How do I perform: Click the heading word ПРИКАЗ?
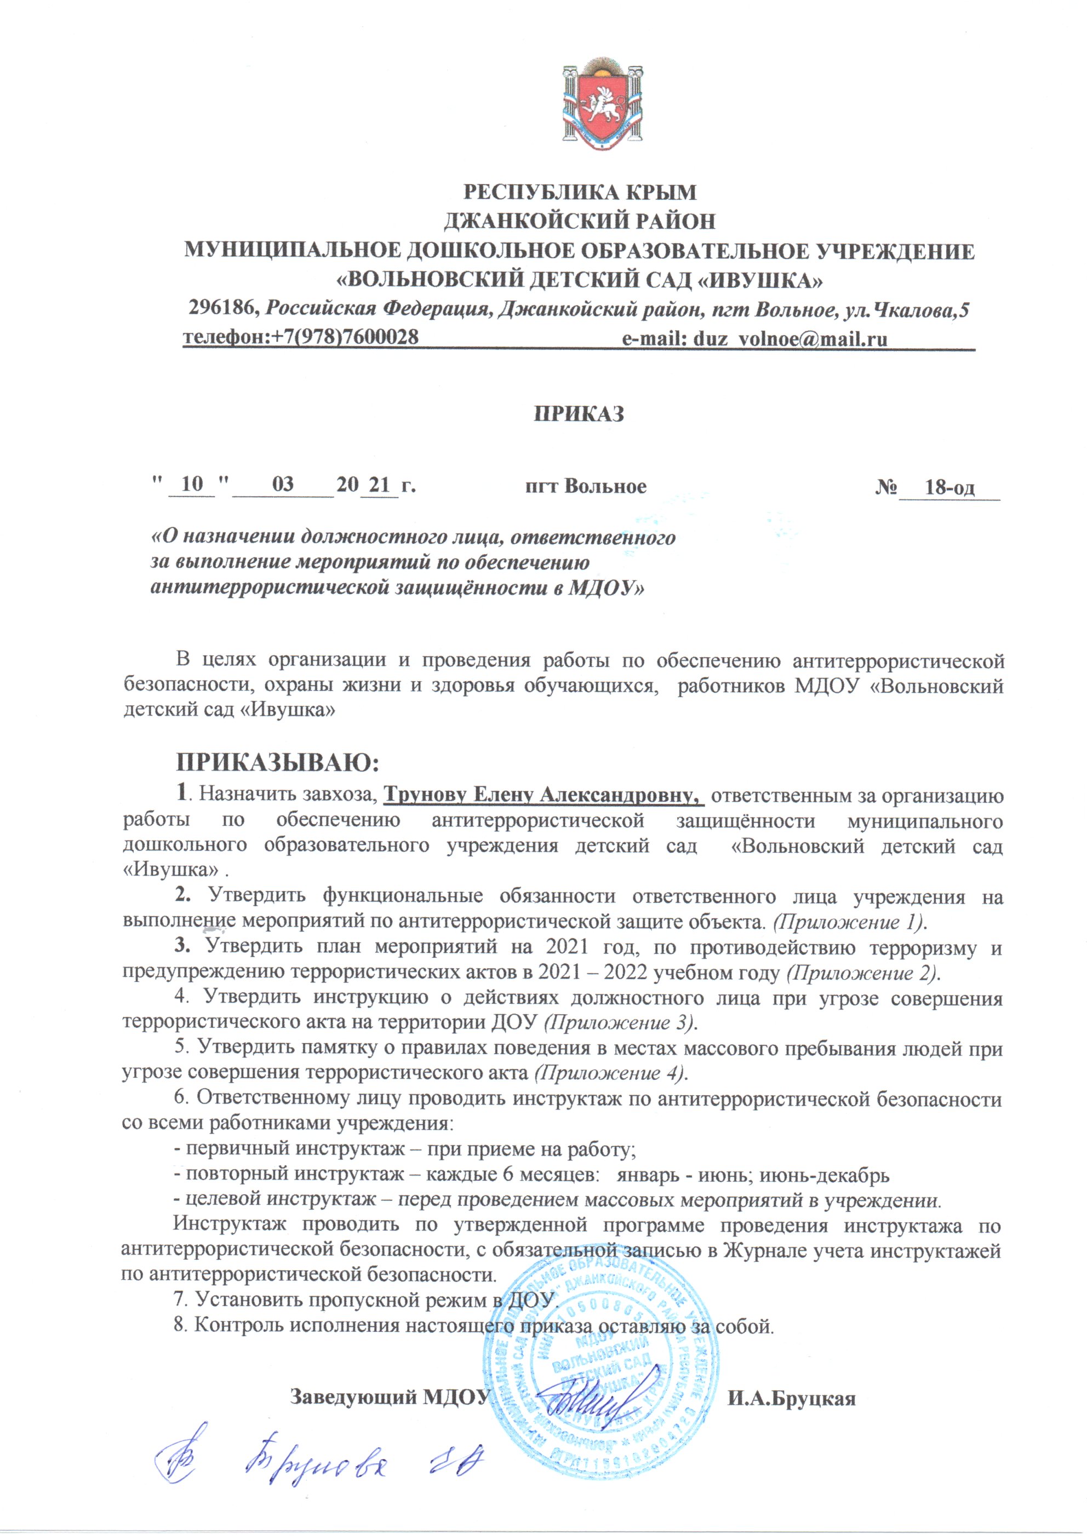click(579, 413)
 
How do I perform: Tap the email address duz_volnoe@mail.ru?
click(790, 338)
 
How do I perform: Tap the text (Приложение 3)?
click(620, 1022)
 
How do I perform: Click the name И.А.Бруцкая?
click(792, 1398)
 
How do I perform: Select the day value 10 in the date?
click(191, 485)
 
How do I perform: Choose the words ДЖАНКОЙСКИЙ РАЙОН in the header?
click(580, 220)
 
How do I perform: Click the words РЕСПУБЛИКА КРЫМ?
click(580, 192)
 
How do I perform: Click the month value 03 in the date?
click(283, 485)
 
